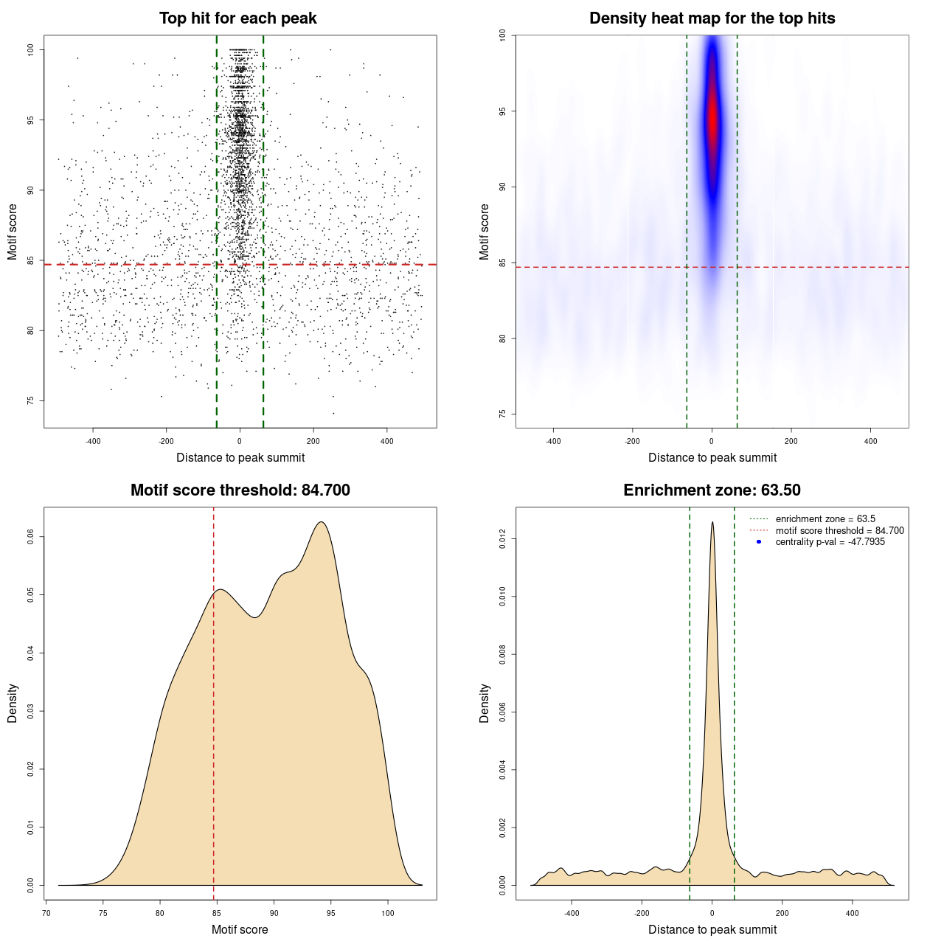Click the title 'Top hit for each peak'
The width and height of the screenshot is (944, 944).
237,18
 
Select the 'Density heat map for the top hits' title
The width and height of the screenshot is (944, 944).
712,18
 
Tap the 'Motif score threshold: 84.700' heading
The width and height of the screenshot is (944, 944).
240,490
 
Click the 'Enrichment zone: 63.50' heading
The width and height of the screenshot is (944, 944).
712,490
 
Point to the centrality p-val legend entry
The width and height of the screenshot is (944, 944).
830,542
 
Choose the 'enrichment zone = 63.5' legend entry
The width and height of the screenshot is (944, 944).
825,519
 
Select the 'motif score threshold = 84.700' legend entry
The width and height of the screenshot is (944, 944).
839,531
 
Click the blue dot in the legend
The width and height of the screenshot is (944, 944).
759,542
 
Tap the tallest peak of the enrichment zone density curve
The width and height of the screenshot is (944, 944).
712,522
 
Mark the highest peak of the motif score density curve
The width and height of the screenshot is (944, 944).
321,522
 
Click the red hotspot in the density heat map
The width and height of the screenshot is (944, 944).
712,122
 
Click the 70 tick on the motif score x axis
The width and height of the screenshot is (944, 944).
46,913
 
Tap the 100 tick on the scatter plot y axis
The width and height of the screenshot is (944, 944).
31,49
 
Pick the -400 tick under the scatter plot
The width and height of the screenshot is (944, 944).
93,441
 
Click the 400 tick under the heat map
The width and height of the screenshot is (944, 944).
870,441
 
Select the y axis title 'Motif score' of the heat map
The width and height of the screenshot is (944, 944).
485,232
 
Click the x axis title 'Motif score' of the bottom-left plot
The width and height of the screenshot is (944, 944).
240,929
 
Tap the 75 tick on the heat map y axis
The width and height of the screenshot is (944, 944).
503,414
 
